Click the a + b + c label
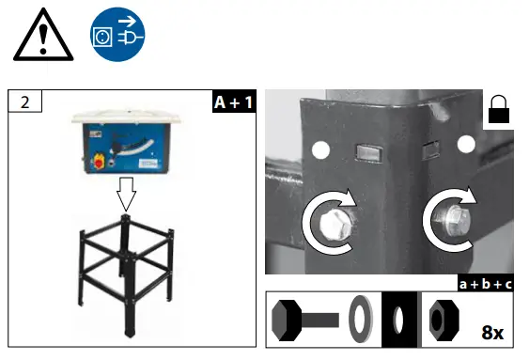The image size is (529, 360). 484,283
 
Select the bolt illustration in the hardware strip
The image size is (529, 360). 302,318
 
